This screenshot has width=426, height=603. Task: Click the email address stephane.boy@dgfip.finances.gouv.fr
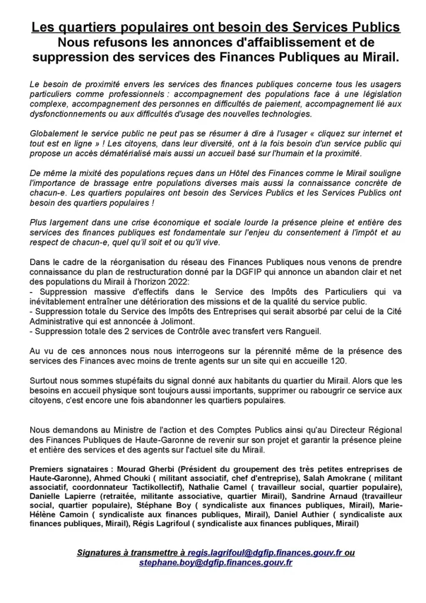pyautogui.click(x=216, y=562)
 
